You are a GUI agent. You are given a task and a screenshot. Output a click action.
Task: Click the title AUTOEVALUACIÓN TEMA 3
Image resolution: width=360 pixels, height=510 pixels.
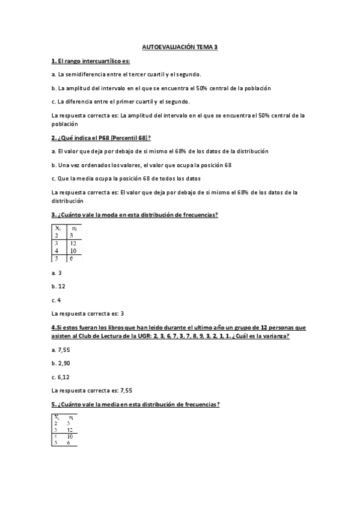[x=180, y=46]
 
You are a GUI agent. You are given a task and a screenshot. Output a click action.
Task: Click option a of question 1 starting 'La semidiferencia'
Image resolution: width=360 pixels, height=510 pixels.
[x=126, y=75]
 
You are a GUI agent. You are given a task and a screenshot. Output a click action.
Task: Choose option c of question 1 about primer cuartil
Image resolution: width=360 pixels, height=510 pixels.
[x=121, y=101]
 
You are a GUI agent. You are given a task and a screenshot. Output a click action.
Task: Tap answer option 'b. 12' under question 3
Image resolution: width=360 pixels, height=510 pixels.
[x=59, y=286]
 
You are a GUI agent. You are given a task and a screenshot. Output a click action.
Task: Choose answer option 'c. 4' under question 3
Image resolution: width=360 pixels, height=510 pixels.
[x=57, y=300]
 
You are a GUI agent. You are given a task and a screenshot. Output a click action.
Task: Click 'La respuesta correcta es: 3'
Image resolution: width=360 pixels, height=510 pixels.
[x=88, y=313]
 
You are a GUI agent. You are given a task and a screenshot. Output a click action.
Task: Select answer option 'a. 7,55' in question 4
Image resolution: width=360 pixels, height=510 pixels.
[x=61, y=349]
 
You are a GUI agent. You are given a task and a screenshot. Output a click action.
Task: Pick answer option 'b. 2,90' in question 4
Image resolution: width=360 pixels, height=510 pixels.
[x=61, y=363]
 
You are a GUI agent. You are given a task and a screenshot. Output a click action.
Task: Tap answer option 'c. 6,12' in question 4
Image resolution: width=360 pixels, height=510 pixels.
[x=61, y=376]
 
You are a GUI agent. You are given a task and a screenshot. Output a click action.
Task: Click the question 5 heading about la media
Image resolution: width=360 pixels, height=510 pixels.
[x=136, y=404]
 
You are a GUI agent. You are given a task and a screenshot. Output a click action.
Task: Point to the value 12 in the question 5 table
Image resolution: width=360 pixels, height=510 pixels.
[x=72, y=430]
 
